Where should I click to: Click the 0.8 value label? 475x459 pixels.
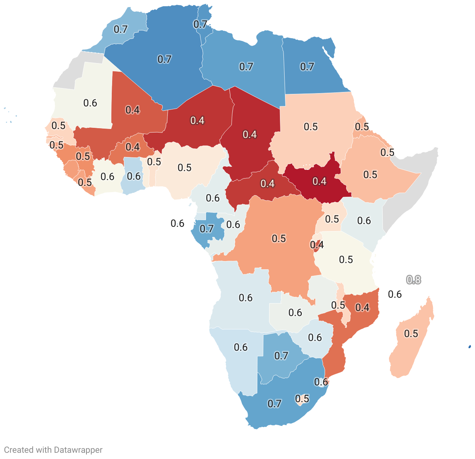(413, 280)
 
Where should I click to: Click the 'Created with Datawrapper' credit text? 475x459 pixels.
(53, 450)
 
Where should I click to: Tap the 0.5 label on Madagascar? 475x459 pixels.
(411, 334)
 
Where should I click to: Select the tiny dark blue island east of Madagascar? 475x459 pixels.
(470, 346)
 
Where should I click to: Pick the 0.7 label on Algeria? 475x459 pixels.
(164, 59)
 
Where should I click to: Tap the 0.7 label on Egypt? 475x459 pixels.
(307, 67)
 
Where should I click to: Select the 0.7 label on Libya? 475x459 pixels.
(246, 67)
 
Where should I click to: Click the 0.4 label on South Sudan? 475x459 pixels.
(319, 181)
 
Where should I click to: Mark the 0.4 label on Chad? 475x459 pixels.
(250, 134)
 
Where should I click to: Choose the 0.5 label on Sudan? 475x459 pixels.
(311, 127)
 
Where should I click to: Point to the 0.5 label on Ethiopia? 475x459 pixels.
(370, 175)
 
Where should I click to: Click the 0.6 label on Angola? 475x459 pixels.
(246, 298)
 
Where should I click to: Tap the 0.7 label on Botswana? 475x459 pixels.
(281, 356)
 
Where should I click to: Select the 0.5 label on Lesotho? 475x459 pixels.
(302, 399)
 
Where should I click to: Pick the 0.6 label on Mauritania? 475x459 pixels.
(90, 103)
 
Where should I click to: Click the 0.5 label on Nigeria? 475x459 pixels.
(185, 168)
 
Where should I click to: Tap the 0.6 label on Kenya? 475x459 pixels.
(364, 221)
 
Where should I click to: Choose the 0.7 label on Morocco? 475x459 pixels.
(121, 29)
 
